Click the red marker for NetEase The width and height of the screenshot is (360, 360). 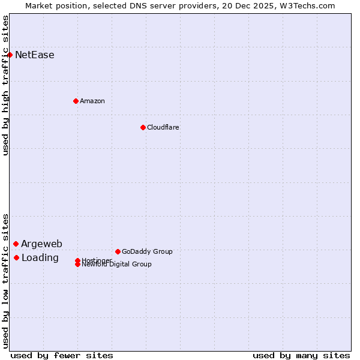(x=10, y=55)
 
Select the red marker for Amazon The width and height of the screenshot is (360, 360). (x=76, y=101)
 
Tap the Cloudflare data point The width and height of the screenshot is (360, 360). (x=143, y=127)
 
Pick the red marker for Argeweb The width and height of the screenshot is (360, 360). (x=16, y=244)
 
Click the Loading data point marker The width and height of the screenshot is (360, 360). (x=16, y=257)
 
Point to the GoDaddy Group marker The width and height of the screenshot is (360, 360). (x=118, y=251)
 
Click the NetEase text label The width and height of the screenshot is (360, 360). (x=35, y=55)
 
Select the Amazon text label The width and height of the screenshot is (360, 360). (x=92, y=101)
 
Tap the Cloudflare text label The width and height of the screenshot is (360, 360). (x=163, y=127)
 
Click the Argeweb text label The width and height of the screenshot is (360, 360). (x=41, y=244)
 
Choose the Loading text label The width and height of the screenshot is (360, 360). (x=40, y=258)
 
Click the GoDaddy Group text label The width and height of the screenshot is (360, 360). (x=147, y=251)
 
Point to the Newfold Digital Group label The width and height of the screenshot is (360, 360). (x=117, y=264)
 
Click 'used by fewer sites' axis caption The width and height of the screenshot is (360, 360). (x=62, y=355)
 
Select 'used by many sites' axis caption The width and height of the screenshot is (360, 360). (x=301, y=355)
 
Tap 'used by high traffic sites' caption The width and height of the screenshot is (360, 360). (x=6, y=85)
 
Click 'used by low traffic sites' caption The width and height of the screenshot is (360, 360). (x=6, y=281)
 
